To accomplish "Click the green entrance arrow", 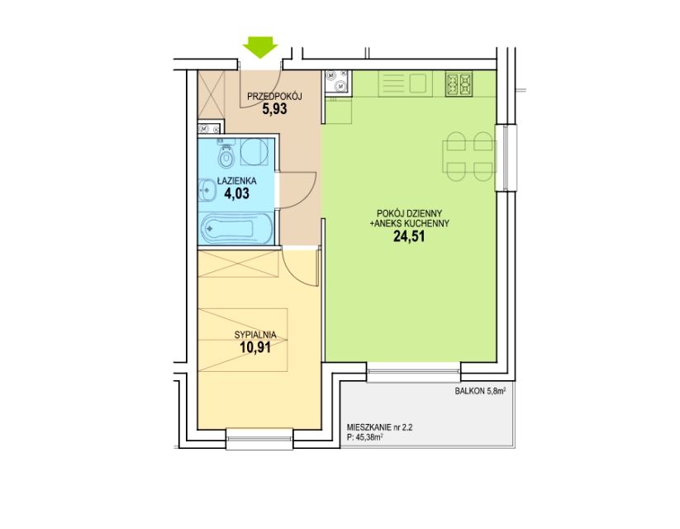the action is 260,47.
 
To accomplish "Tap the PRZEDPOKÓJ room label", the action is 274,97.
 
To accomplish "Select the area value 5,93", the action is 274,108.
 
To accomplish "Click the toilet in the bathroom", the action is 226,155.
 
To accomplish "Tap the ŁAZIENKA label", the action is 237,180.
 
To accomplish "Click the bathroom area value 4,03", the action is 237,193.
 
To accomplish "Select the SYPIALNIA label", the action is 255,335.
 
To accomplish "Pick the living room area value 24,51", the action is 409,236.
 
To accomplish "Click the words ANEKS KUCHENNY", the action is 412,223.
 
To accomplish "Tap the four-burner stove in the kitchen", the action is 459,83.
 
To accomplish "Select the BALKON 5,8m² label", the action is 481,391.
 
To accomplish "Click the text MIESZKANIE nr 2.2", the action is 380,427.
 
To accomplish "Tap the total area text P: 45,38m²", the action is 365,438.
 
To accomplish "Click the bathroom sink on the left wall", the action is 207,191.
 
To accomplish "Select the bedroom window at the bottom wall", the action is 259,439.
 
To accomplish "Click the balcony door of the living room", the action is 414,372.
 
